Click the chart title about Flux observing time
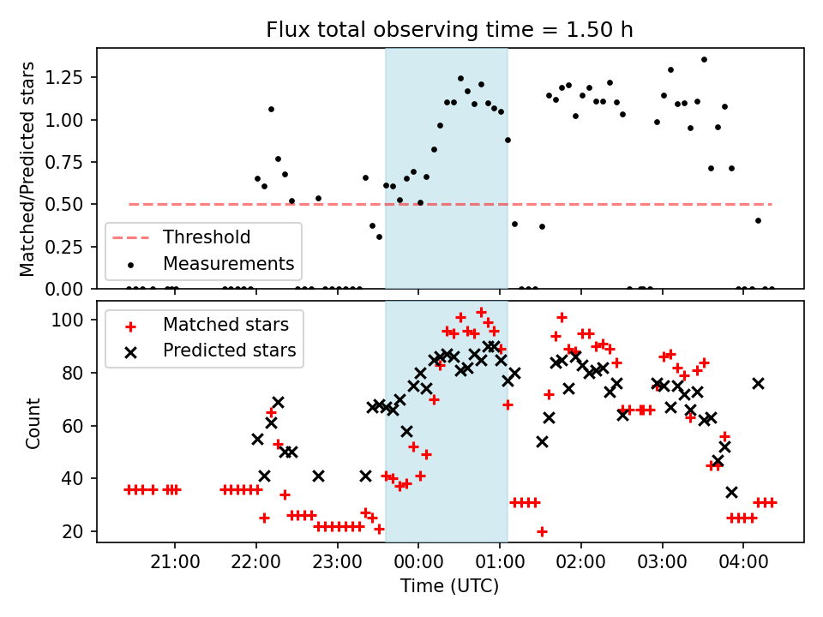[x=449, y=30]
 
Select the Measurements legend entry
[x=229, y=263]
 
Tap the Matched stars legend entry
[x=225, y=325]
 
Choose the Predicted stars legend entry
[x=229, y=350]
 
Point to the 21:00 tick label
[x=175, y=566]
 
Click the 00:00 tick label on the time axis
[x=418, y=566]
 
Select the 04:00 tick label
[x=742, y=566]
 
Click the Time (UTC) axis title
[x=449, y=587]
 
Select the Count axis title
[x=33, y=422]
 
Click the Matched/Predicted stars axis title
[x=28, y=169]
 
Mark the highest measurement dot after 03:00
[x=704, y=59]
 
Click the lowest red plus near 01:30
[x=542, y=531]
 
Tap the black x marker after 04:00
[x=758, y=383]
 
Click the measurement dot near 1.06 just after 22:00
[x=271, y=109]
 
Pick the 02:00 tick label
[x=580, y=566]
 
